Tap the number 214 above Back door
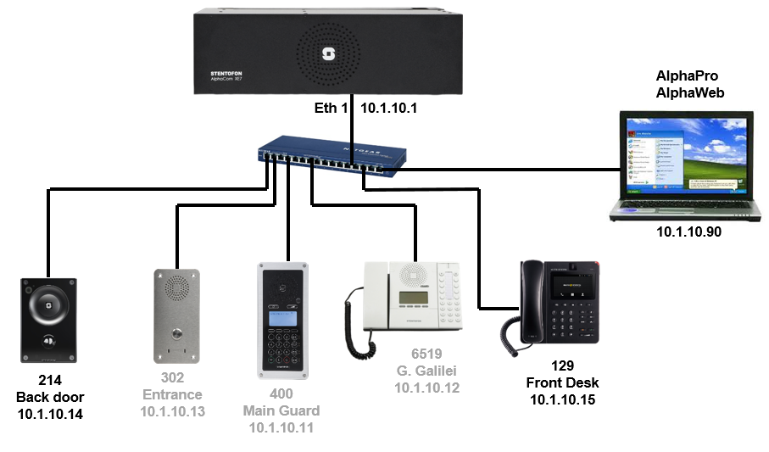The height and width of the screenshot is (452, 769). (x=50, y=381)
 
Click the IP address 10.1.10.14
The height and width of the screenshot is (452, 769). (x=50, y=414)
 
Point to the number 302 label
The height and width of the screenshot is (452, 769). (x=172, y=378)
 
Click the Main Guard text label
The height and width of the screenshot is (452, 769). (x=281, y=411)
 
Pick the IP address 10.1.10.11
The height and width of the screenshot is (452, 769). (x=281, y=427)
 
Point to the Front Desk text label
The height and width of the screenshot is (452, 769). (x=562, y=382)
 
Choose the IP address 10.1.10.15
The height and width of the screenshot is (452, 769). (x=562, y=399)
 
